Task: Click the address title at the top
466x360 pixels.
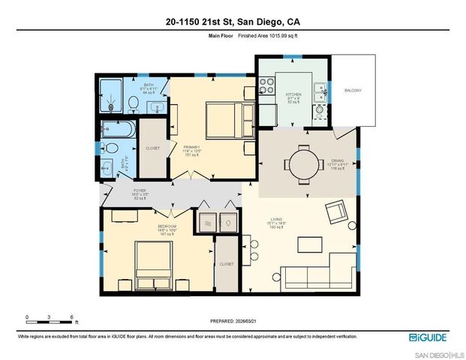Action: click(x=233, y=22)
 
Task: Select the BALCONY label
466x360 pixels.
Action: click(x=353, y=91)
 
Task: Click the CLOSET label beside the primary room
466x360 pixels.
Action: click(x=152, y=148)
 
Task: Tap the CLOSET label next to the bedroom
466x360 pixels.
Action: click(x=227, y=264)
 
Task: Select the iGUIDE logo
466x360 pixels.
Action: click(x=430, y=337)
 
